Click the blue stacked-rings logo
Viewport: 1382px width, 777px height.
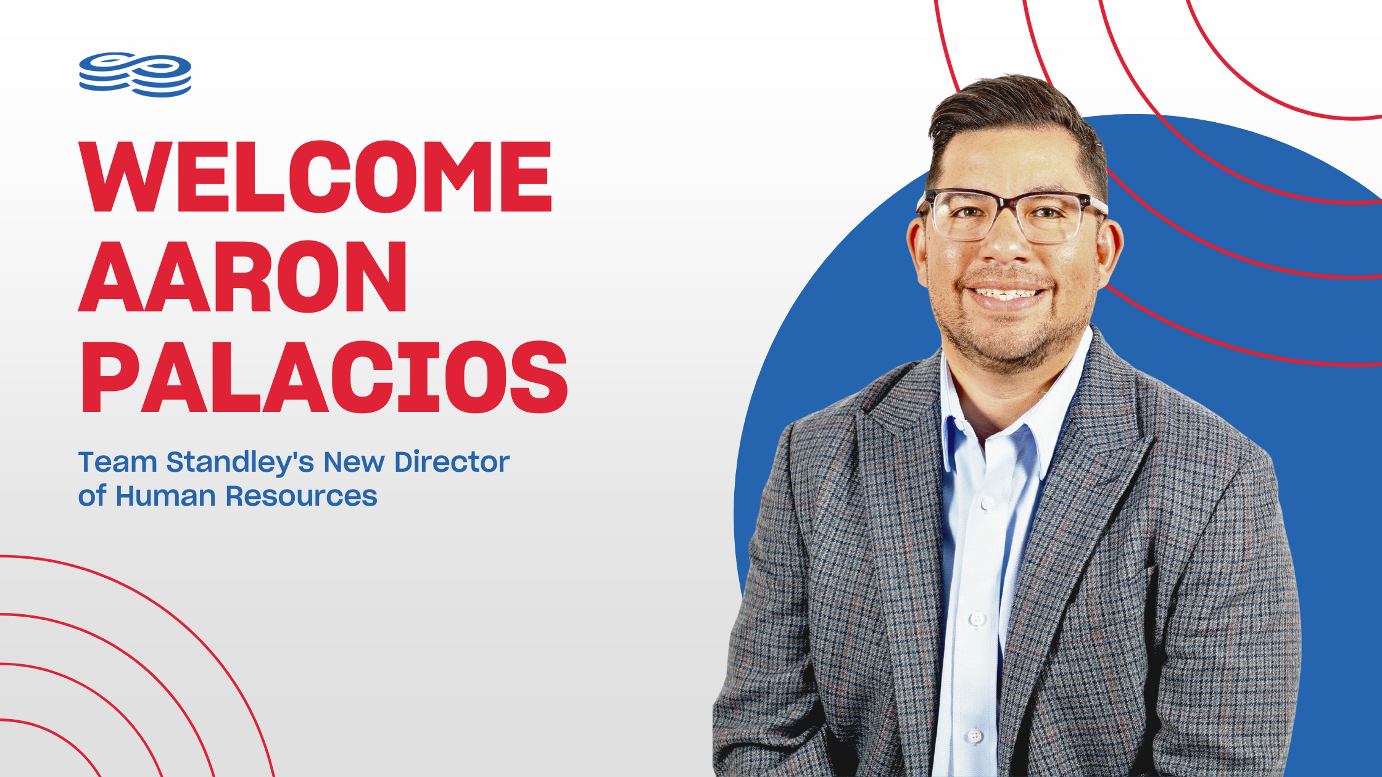pyautogui.click(x=135, y=75)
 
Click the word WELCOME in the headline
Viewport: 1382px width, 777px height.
pyautogui.click(x=316, y=176)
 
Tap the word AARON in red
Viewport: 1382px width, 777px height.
pyautogui.click(x=243, y=276)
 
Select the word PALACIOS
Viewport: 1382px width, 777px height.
pyautogui.click(x=324, y=376)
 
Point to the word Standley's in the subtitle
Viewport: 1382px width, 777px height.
pyautogui.click(x=241, y=463)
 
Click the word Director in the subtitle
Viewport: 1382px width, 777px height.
pyautogui.click(x=452, y=462)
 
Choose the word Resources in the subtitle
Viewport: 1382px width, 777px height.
pyautogui.click(x=301, y=496)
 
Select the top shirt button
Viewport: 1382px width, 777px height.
pyautogui.click(x=988, y=503)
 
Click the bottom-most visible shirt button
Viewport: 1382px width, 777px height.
pyautogui.click(x=974, y=735)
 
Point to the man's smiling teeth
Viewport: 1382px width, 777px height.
pyautogui.click(x=1008, y=294)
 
